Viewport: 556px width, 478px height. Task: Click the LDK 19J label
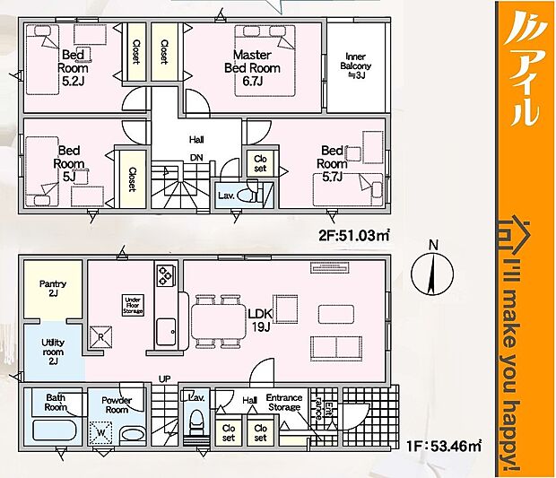coord(262,318)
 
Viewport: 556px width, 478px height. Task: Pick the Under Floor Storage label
coord(134,306)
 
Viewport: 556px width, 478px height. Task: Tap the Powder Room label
coord(117,404)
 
